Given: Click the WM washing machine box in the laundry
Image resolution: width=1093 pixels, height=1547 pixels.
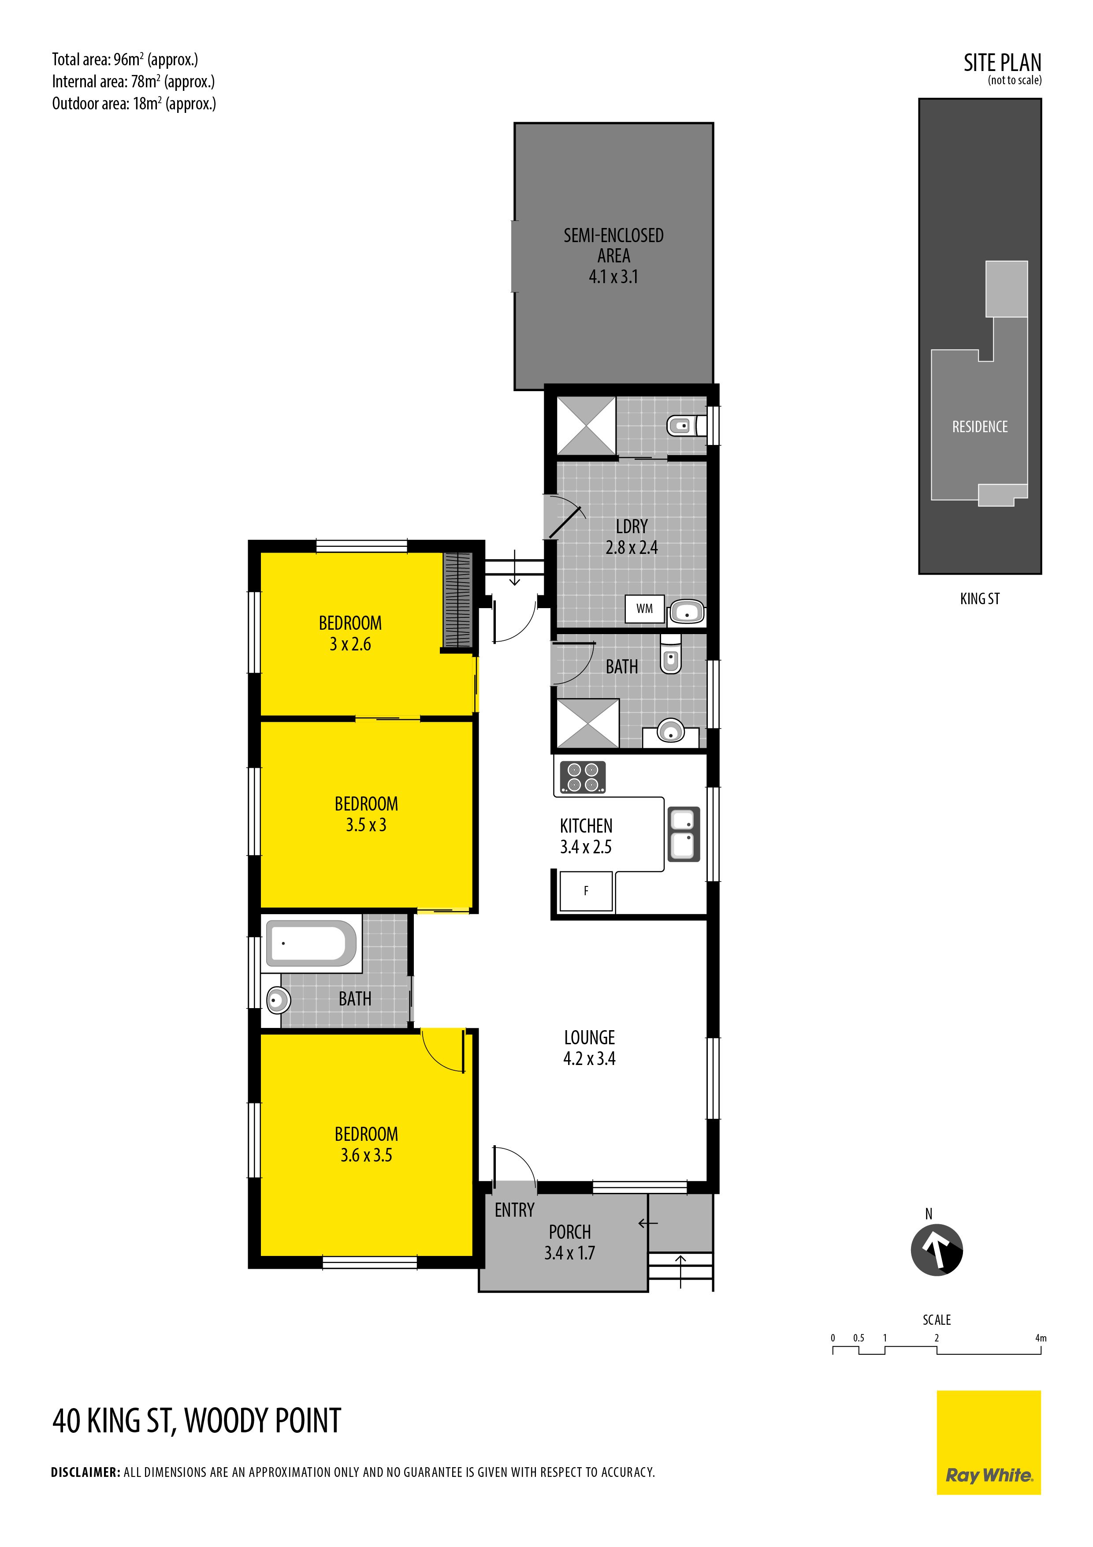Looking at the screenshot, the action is pyautogui.click(x=644, y=609).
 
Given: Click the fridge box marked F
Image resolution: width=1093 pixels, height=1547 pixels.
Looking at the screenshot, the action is pyautogui.click(x=586, y=891).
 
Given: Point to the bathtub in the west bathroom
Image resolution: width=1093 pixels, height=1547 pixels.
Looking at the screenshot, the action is pyautogui.click(x=311, y=943).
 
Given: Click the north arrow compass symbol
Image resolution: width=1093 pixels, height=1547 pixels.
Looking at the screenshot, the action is pyautogui.click(x=937, y=1250).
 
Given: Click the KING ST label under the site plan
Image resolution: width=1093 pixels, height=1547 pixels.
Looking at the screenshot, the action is pyautogui.click(x=980, y=598).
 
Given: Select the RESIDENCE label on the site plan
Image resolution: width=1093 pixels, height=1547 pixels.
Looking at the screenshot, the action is pyautogui.click(x=980, y=426).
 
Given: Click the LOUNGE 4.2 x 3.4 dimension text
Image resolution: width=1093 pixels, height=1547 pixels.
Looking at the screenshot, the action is pyautogui.click(x=589, y=1048).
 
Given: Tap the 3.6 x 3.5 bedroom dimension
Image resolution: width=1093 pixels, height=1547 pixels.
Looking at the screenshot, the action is pyautogui.click(x=366, y=1155).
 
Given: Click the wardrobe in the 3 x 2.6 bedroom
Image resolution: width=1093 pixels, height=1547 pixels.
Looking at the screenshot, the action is pyautogui.click(x=457, y=600).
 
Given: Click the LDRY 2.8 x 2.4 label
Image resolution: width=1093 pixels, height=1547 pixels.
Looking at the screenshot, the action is pyautogui.click(x=632, y=537).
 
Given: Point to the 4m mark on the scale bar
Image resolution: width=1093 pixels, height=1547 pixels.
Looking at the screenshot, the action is pyautogui.click(x=1041, y=1338).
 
